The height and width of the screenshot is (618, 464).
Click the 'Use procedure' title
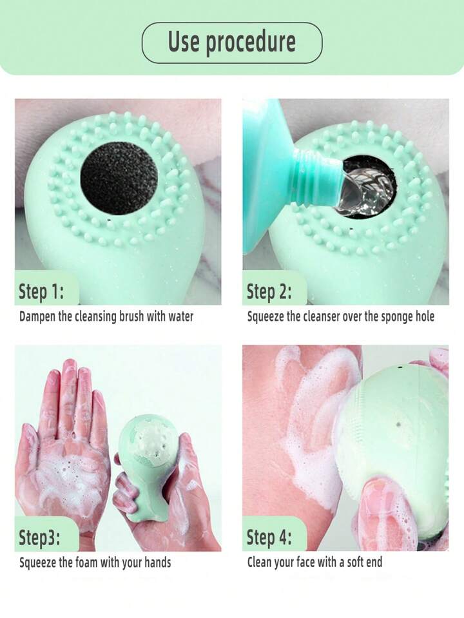(x=232, y=43)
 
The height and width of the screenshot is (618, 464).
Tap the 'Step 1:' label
(x=41, y=292)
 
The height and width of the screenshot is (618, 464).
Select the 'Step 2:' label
(x=269, y=292)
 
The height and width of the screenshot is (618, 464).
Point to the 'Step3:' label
(x=39, y=537)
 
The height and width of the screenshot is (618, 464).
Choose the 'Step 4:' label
(x=269, y=537)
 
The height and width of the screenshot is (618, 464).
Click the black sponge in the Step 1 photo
(x=119, y=178)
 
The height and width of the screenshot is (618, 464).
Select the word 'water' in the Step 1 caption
(x=181, y=316)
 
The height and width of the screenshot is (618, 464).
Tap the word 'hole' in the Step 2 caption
(x=425, y=316)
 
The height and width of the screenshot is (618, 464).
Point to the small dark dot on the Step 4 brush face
(x=398, y=425)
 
